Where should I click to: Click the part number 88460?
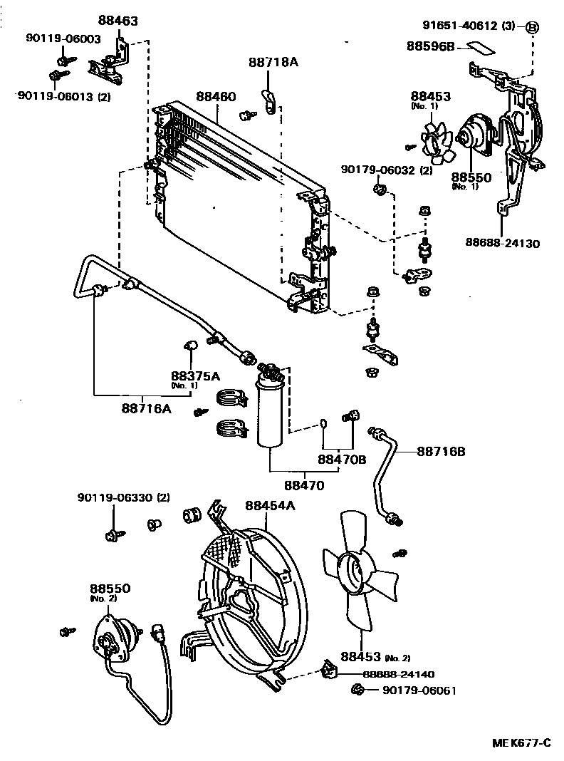point(216,97)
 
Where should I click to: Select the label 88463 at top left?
point(117,21)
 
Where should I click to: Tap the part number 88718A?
point(273,62)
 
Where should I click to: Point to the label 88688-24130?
point(503,242)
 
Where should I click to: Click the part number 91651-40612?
point(460,25)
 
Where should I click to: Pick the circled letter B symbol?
point(533,27)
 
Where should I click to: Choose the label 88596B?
point(431,46)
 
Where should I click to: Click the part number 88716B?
point(441,451)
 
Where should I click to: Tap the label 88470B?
point(342,459)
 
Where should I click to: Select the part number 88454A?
point(270,505)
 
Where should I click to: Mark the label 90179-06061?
point(419,690)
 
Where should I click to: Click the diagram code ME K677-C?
point(521,742)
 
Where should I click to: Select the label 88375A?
point(195,376)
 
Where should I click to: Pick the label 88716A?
point(147,409)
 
